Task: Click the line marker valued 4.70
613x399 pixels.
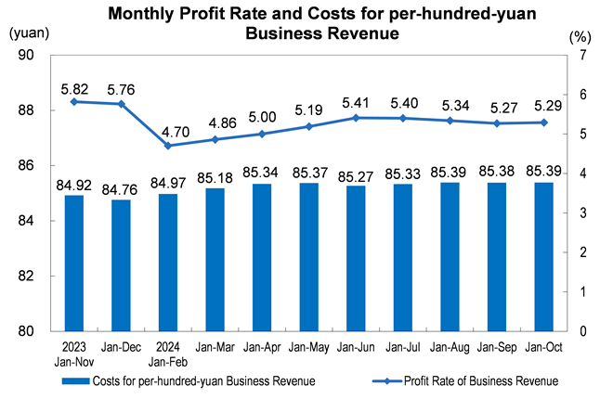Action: click(x=168, y=146)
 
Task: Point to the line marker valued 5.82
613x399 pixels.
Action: click(x=74, y=101)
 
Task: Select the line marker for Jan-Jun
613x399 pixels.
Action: click(x=356, y=118)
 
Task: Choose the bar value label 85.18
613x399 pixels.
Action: click(x=215, y=177)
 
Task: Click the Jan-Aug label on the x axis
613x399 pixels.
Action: click(x=450, y=350)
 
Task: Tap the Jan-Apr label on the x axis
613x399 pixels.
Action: click(x=262, y=350)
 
